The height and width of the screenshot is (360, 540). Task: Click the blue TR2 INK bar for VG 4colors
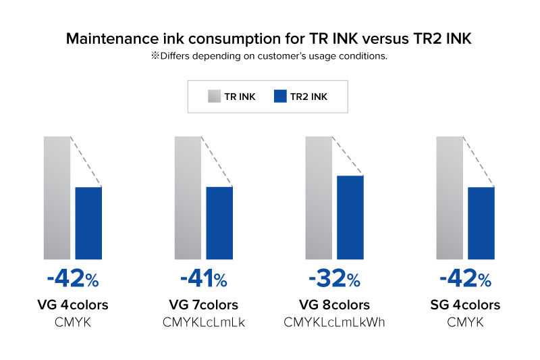pos(88,223)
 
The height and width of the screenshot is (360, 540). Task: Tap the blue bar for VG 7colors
pos(219,223)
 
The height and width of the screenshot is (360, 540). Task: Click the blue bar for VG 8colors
pos(350,217)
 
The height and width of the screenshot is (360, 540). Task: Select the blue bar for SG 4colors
pos(481,223)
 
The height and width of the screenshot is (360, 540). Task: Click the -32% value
pos(335,278)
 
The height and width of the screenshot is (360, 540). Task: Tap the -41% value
pos(204,278)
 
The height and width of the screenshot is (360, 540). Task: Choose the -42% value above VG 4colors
pos(73,278)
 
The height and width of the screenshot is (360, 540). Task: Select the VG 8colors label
pos(335,305)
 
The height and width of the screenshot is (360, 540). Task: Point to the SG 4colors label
pos(466,305)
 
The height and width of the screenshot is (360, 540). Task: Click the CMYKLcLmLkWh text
pos(335,323)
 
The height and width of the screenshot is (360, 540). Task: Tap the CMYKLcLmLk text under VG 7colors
pos(204,323)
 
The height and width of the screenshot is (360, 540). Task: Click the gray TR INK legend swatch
pos(215,97)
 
